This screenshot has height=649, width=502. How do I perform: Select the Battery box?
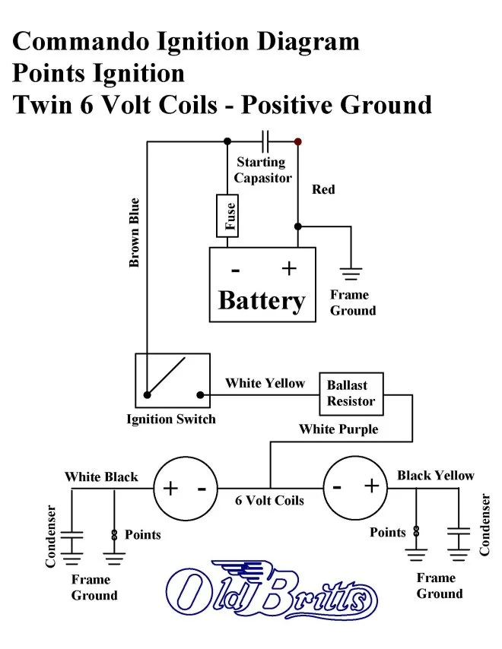262,284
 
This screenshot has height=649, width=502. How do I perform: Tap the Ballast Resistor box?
351,393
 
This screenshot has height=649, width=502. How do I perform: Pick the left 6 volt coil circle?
186,488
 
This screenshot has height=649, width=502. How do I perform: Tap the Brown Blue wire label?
135,233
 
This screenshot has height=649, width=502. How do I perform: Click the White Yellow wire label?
265,383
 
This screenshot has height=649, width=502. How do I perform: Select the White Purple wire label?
338,429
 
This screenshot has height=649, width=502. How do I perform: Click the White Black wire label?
101,477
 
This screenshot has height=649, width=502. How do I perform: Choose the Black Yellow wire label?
435,476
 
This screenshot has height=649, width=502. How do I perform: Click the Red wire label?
323,189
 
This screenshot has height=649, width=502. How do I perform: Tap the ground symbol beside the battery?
350,274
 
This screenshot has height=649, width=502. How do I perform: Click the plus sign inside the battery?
288,268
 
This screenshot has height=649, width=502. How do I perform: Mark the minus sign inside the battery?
236,270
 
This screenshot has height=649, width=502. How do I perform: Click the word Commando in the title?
77,41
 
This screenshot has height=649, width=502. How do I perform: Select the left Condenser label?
51,537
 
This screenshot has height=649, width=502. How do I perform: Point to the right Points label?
388,532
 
